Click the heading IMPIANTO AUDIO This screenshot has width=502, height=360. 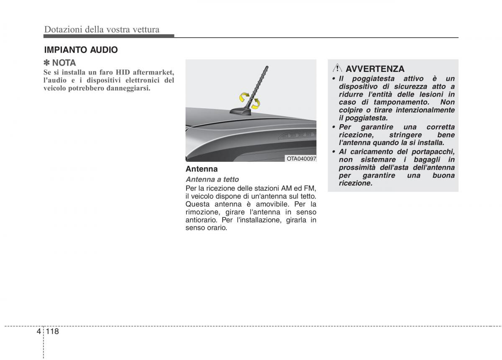[81, 50]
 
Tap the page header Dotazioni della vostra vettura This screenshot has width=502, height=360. [102, 29]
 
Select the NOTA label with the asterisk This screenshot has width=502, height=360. [60, 63]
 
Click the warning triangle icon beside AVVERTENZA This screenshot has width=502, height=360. [338, 68]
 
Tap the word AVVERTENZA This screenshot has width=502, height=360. [375, 69]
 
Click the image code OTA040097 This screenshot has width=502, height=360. [301, 158]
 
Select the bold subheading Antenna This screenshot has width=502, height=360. [202, 169]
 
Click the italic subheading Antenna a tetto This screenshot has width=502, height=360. [212, 179]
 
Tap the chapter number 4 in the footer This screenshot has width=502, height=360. [39, 331]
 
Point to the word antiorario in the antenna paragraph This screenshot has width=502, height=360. [201, 220]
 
